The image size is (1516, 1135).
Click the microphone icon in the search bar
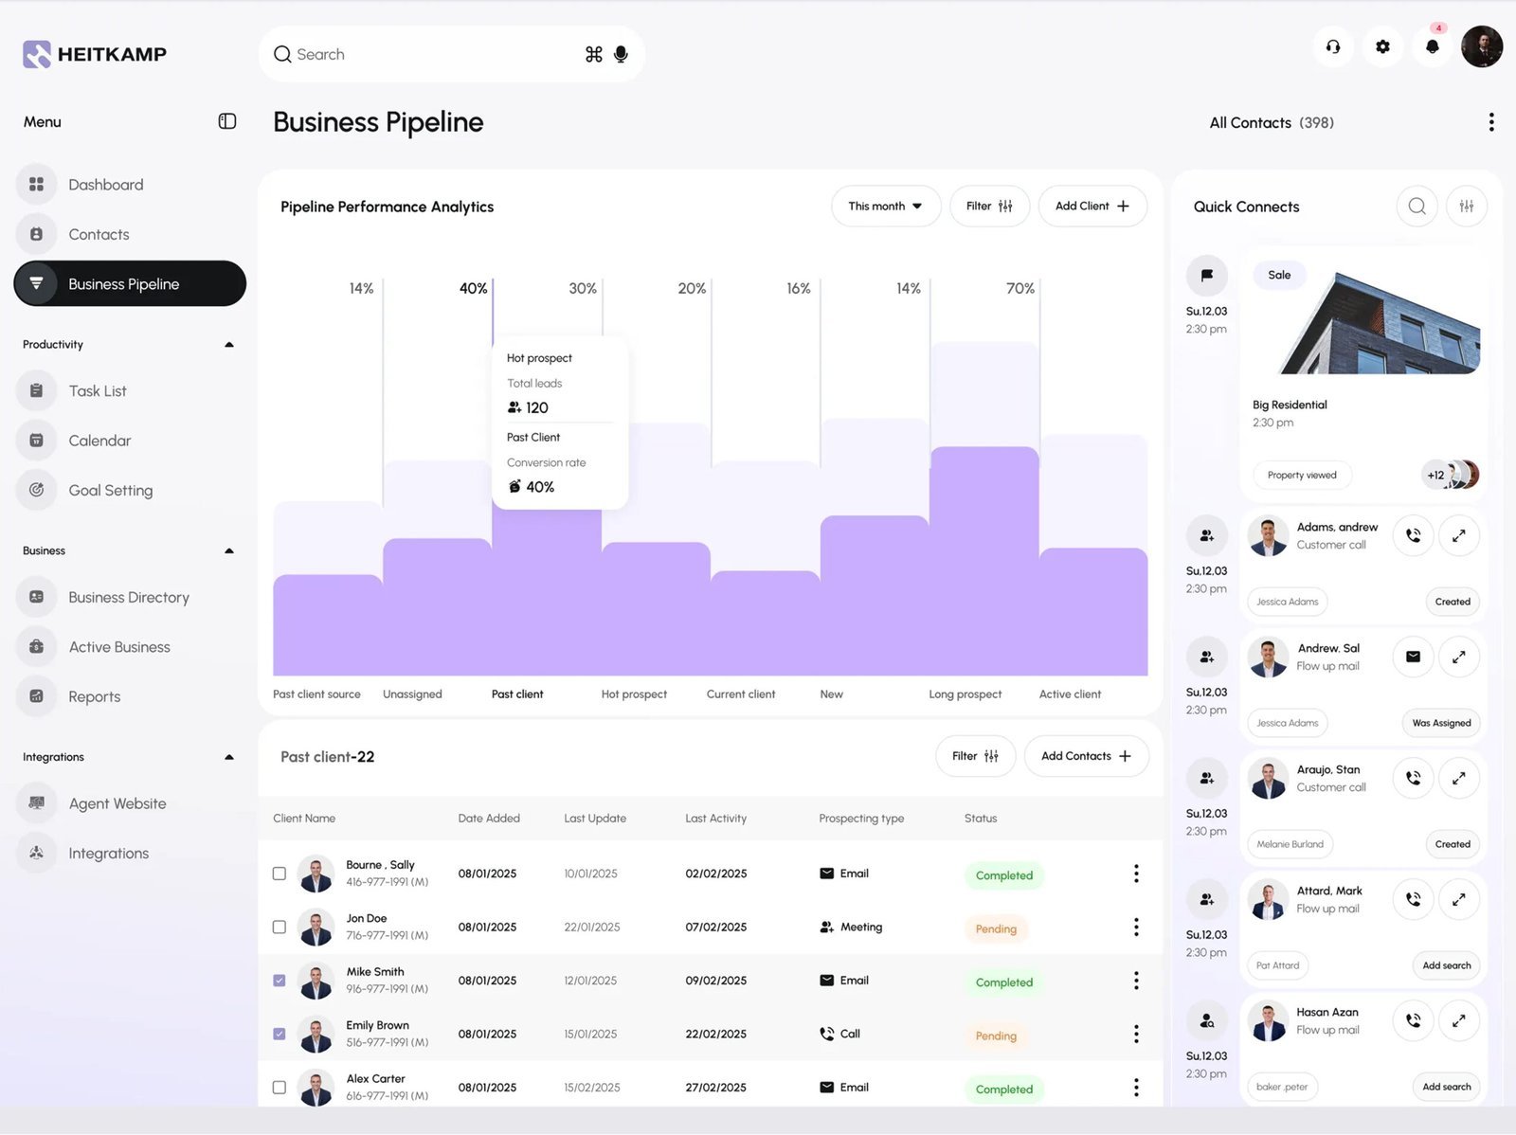[621, 54]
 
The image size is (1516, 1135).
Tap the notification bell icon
[1433, 46]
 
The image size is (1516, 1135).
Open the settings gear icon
[1382, 46]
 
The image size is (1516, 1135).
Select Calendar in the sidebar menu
[99, 441]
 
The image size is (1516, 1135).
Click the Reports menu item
[94, 696]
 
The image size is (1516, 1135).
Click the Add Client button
[1092, 207]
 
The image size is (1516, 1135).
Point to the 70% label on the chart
[1020, 288]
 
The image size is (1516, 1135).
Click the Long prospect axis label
[965, 694]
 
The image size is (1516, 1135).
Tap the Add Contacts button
[1086, 756]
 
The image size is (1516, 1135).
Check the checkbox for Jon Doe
[280, 927]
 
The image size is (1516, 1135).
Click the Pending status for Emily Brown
[996, 1036]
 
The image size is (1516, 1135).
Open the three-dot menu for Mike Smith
[1136, 981]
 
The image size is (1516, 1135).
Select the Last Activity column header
[715, 819]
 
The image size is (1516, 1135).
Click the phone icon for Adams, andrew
[1413, 535]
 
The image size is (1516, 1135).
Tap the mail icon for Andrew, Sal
[1413, 657]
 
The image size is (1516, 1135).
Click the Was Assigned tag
[1441, 723]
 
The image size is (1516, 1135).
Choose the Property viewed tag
[1302, 476]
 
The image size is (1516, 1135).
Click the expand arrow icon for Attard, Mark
[1458, 899]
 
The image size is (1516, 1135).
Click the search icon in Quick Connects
[1417, 207]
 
